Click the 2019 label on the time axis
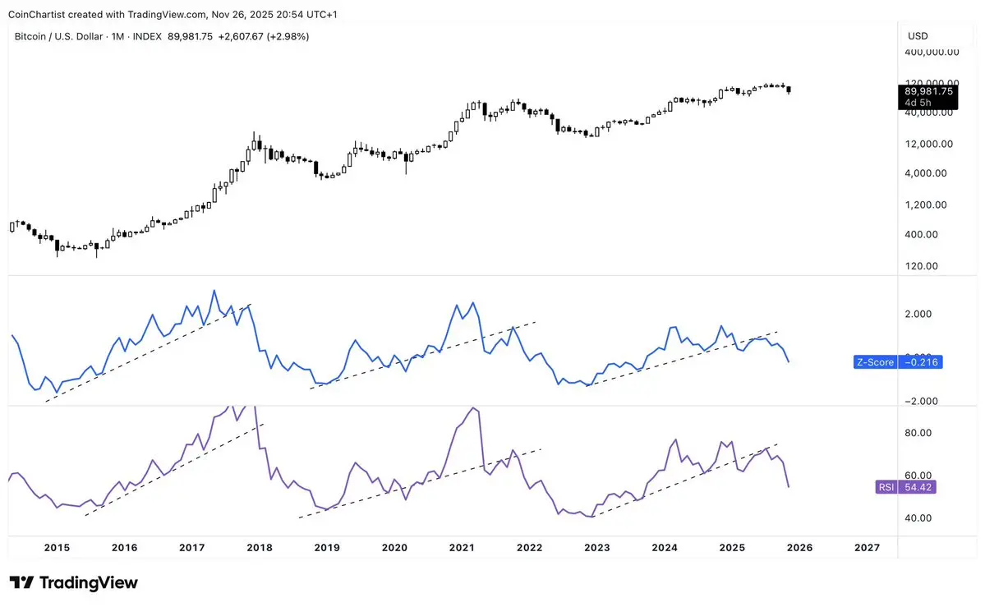click(327, 548)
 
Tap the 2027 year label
click(867, 548)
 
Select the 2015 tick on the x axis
click(57, 548)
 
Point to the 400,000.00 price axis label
click(932, 52)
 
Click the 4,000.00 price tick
click(932, 173)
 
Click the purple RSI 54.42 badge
click(906, 487)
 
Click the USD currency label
click(918, 36)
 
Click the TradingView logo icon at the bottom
click(23, 583)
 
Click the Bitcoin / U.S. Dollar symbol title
click(62, 36)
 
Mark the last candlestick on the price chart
click(789, 90)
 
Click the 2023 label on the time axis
click(597, 548)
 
